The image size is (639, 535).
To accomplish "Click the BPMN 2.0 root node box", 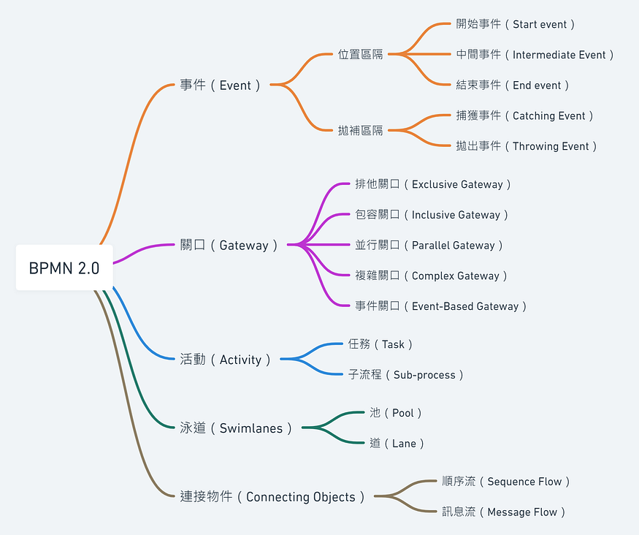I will [x=64, y=267].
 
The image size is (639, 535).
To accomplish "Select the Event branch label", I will [x=221, y=85].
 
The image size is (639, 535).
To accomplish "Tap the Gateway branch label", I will [x=229, y=246].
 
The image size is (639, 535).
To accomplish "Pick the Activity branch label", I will [x=226, y=360].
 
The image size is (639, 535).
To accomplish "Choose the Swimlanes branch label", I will [x=236, y=428].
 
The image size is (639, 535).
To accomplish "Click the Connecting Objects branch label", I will [x=272, y=497].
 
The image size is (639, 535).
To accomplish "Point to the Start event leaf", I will [x=516, y=24].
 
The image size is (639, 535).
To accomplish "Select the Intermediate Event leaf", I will [x=535, y=55].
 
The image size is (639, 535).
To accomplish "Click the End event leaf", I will [x=513, y=85].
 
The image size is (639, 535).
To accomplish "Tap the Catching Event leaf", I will [x=525, y=115].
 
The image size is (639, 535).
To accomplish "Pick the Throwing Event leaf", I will [x=527, y=146].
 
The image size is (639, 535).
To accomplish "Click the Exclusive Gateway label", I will [x=433, y=184].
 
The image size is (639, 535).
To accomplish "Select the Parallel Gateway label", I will [x=429, y=246].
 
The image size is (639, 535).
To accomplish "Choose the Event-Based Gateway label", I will [x=441, y=306].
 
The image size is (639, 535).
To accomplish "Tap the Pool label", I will [x=396, y=413].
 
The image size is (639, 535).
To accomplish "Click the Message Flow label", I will [x=504, y=512].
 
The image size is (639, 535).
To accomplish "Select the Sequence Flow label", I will [x=506, y=482].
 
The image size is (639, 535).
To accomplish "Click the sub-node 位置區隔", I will [x=360, y=55].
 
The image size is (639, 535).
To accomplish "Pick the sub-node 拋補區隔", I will [x=360, y=131].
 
